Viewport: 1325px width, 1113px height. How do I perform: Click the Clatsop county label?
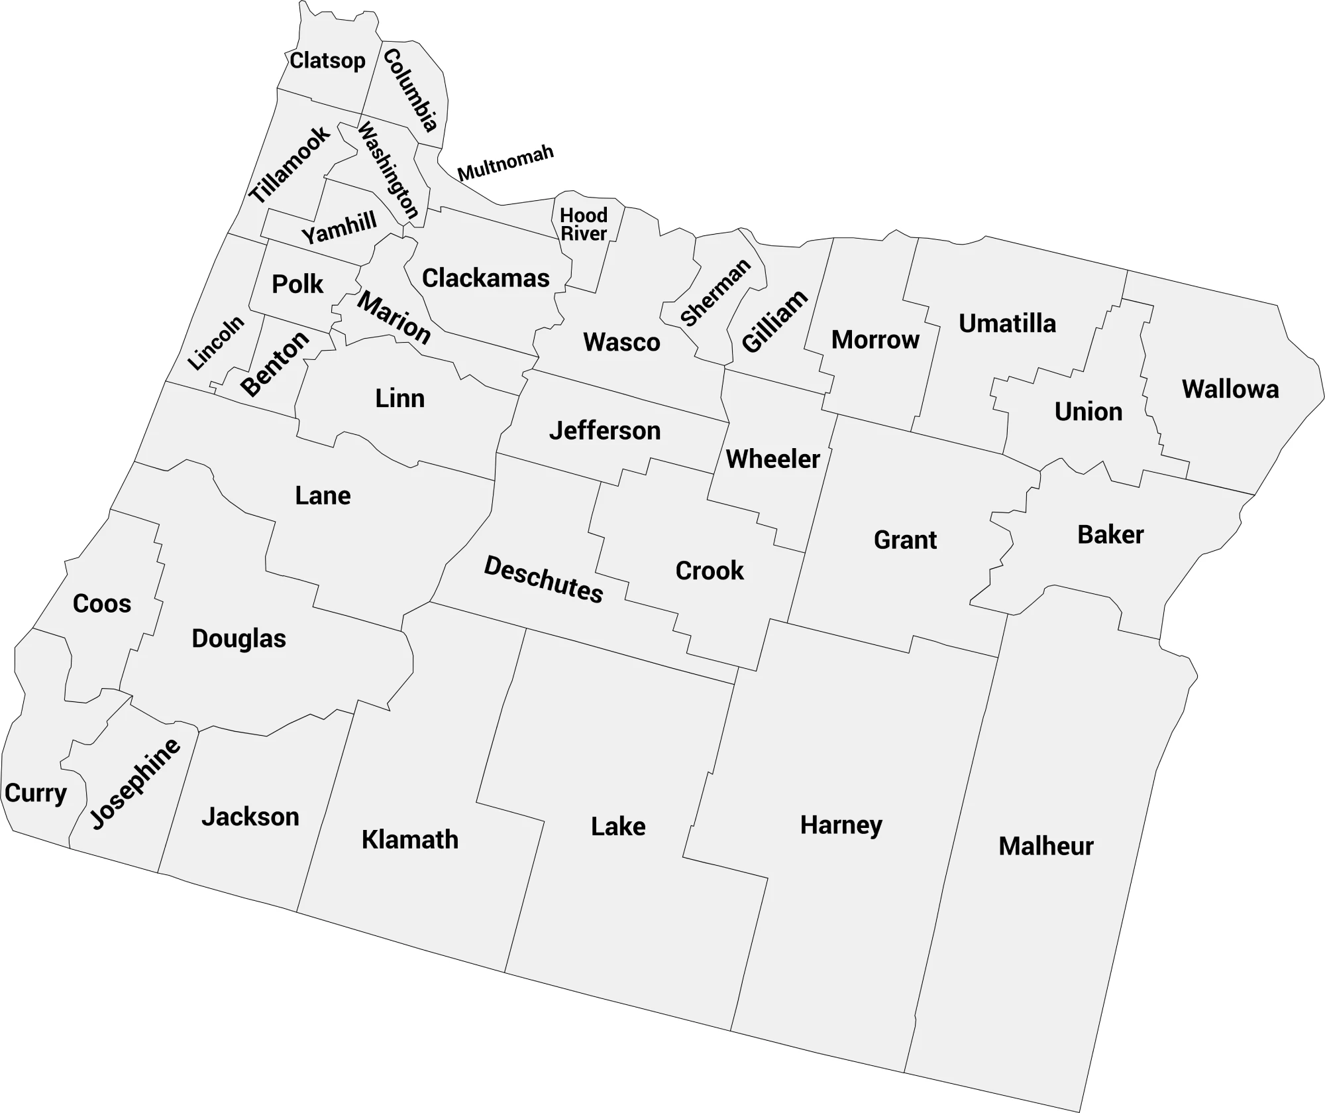pyautogui.click(x=327, y=61)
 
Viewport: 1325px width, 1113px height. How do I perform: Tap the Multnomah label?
pyautogui.click(x=505, y=163)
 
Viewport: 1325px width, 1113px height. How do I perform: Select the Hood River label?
pyautogui.click(x=584, y=225)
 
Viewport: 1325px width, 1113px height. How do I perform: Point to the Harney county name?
pyautogui.click(x=841, y=825)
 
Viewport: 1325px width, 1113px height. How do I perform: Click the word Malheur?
pyautogui.click(x=1045, y=847)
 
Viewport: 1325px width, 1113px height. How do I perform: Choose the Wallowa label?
pyautogui.click(x=1230, y=390)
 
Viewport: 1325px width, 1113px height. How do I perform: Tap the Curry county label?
pyautogui.click(x=36, y=793)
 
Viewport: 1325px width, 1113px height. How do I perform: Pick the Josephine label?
pyautogui.click(x=135, y=784)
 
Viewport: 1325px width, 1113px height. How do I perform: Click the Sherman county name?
pyautogui.click(x=715, y=292)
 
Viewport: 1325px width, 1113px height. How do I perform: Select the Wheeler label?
pyautogui.click(x=772, y=459)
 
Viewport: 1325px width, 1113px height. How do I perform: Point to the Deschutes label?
pyautogui.click(x=543, y=580)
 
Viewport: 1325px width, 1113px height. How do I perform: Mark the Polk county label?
pyautogui.click(x=297, y=284)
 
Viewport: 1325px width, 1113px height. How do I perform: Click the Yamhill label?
pyautogui.click(x=339, y=227)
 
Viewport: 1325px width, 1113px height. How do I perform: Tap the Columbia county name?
pyautogui.click(x=411, y=90)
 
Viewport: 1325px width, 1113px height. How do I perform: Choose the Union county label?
pyautogui.click(x=1088, y=412)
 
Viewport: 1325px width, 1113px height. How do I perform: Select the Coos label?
pyautogui.click(x=102, y=604)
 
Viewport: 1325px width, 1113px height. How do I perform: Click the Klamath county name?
pyautogui.click(x=409, y=840)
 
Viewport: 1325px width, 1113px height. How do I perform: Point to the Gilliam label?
pyautogui.click(x=774, y=322)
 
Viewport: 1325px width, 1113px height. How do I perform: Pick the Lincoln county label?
pyautogui.click(x=216, y=343)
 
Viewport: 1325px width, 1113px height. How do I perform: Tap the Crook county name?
pyautogui.click(x=710, y=571)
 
